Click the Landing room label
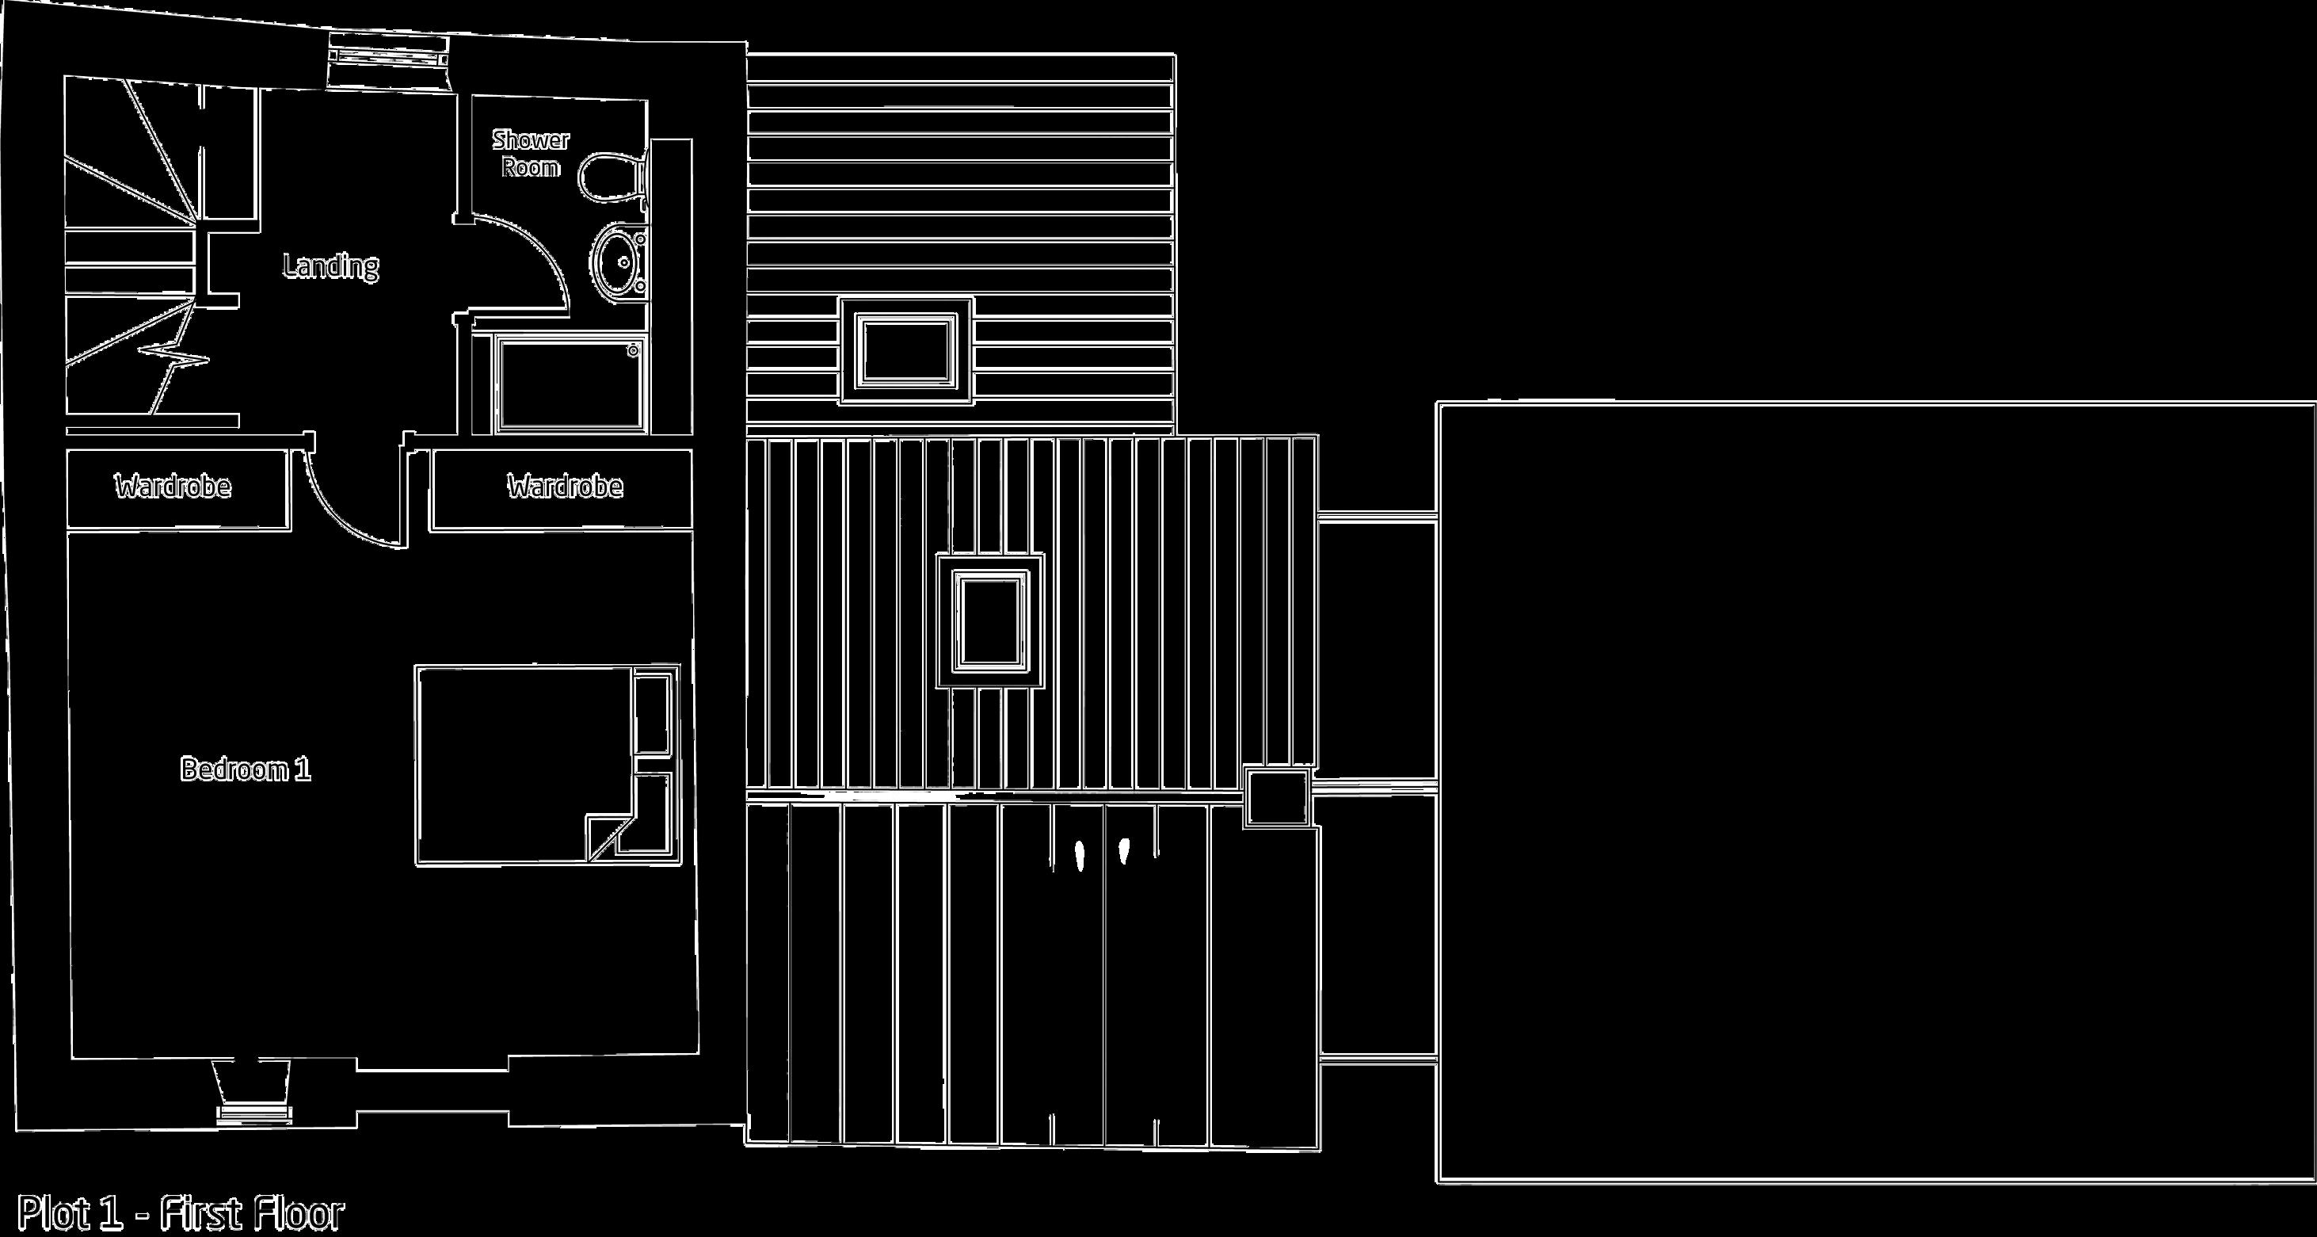[x=330, y=266]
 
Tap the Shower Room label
[x=531, y=153]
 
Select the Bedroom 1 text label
[x=246, y=769]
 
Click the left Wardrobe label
[x=173, y=487]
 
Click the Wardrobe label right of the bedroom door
[x=565, y=487]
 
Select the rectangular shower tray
[x=570, y=384]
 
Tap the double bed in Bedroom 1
[x=522, y=765]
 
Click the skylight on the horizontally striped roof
[x=905, y=351]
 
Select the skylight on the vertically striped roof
[x=989, y=620]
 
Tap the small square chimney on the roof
[x=1277, y=797]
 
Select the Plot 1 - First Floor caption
[x=181, y=1213]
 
